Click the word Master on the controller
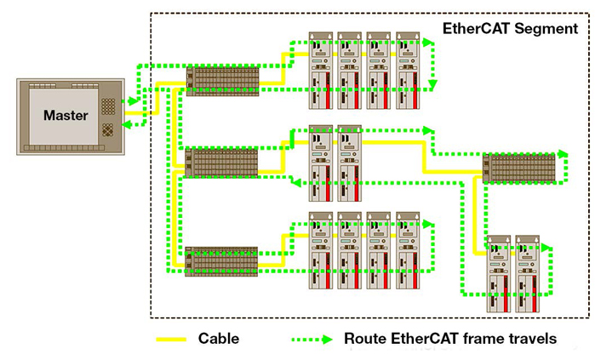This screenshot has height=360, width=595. point(65,115)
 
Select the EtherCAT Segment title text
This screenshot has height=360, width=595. point(510,28)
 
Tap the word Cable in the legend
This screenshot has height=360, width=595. point(219,339)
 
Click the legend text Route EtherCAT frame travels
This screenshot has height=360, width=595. point(450,339)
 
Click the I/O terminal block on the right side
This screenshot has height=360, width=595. point(518,168)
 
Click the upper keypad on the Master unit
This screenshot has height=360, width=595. point(110,106)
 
